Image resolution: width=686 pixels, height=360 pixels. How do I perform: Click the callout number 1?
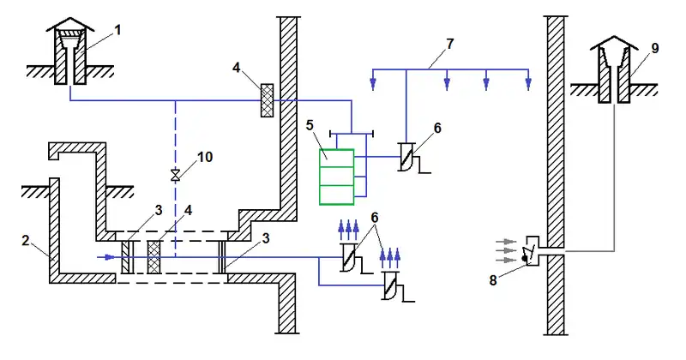pos(117,30)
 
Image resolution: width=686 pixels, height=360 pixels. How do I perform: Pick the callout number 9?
pos(654,49)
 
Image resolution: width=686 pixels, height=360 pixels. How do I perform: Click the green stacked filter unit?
pos(336,177)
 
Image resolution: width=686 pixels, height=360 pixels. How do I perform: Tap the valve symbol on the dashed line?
pos(176,176)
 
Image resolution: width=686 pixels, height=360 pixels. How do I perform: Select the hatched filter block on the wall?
pos(267,95)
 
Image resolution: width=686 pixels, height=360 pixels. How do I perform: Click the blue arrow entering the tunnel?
pos(105,255)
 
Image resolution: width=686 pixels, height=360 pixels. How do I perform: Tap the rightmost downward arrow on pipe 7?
pos(527,82)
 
